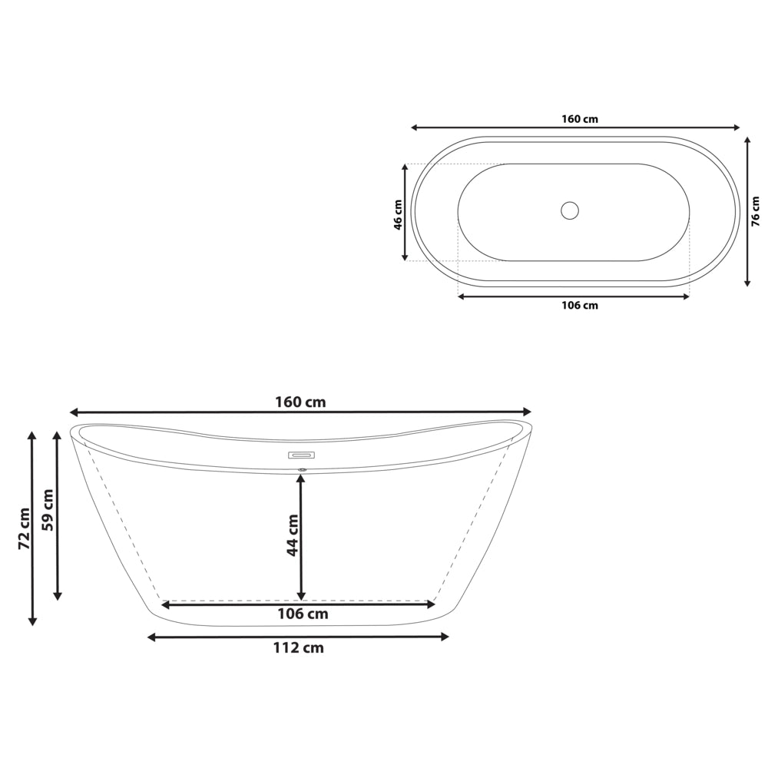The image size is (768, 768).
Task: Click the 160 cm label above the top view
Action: [579, 119]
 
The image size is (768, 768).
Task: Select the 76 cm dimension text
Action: [756, 211]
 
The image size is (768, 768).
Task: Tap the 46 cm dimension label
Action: [397, 214]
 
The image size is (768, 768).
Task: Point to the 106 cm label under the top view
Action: [579, 306]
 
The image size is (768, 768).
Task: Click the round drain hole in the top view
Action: [569, 210]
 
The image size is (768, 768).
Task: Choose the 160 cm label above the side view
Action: [300, 402]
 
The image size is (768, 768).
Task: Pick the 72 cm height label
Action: [24, 528]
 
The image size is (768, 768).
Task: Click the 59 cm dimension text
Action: [48, 510]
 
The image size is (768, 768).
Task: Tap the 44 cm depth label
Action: [292, 535]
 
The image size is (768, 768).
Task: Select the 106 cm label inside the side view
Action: [302, 614]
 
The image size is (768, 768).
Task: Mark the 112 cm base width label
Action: [298, 648]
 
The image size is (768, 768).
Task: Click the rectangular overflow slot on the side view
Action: [301, 455]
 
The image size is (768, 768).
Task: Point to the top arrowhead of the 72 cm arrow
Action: [31, 435]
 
